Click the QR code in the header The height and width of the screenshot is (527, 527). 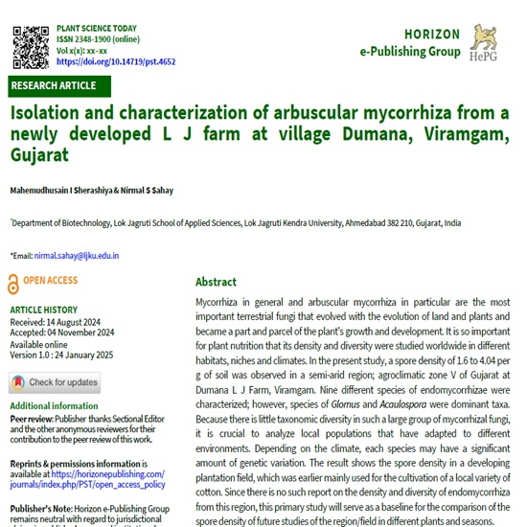(30, 43)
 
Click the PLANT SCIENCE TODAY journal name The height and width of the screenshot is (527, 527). (98, 30)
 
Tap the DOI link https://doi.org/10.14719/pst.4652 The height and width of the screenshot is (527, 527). (115, 61)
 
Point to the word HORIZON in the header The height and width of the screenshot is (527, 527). (431, 34)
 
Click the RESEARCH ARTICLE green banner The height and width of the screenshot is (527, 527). (53, 86)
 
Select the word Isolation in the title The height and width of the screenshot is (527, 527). (49, 113)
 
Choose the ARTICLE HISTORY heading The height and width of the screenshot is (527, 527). (44, 309)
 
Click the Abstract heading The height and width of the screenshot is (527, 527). (216, 282)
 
